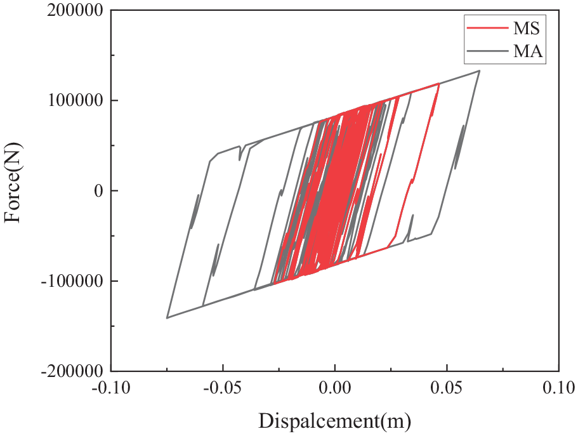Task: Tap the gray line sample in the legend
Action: [485, 52]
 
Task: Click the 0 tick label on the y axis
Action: [97, 190]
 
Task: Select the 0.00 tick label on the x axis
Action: [335, 387]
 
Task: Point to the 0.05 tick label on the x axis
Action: [447, 387]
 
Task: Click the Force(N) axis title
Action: [14, 190]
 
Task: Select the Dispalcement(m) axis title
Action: [334, 419]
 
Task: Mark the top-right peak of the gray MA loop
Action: [480, 70]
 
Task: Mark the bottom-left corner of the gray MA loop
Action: [167, 317]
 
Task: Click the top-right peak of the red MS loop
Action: [438, 84]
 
